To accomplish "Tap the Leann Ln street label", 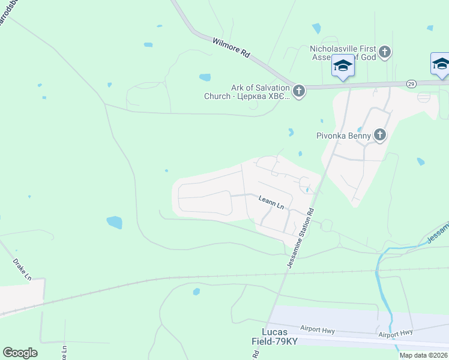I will point(271,202).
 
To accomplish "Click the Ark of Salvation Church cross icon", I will point(299,91).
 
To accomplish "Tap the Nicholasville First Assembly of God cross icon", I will point(385,53).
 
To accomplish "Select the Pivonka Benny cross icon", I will point(379,136).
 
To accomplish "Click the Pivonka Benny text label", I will point(343,136).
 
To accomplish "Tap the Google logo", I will point(20,353).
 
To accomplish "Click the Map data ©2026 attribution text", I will point(423,355).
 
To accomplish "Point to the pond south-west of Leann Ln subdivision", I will point(114,223).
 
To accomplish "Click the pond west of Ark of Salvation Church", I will point(205,77).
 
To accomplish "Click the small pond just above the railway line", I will point(196,292).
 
